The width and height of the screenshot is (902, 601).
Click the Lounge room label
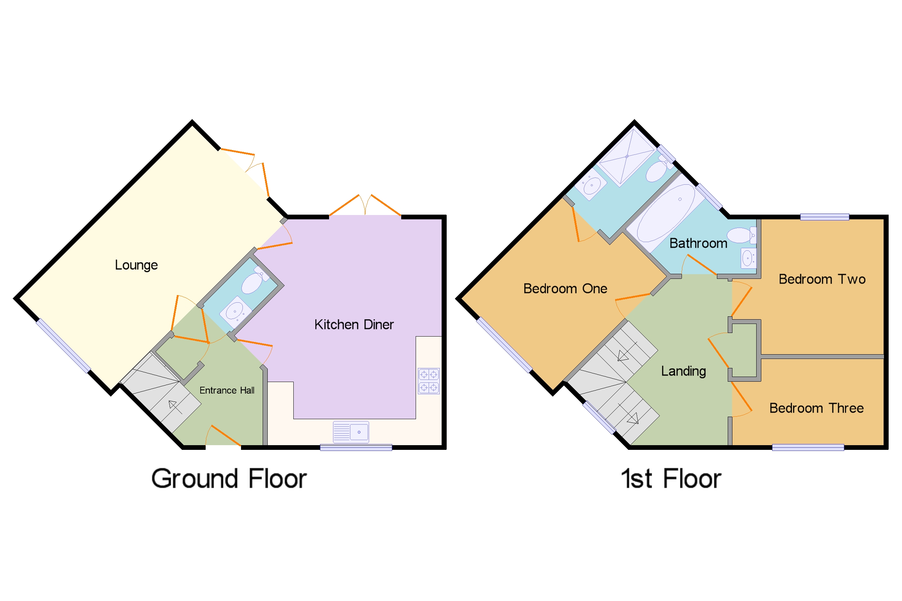click(136, 265)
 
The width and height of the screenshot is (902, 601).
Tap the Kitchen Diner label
click(354, 325)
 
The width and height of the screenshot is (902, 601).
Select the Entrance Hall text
click(227, 391)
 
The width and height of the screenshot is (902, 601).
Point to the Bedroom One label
click(565, 289)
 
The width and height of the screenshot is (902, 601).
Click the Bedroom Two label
click(822, 279)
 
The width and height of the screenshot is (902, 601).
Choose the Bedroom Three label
click(816, 408)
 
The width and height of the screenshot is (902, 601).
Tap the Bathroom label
click(698, 244)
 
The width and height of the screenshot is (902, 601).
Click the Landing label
click(683, 371)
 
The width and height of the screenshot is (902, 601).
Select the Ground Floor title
click(229, 479)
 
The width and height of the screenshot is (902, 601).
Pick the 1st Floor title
click(670, 479)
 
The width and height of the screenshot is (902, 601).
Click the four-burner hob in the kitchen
click(428, 381)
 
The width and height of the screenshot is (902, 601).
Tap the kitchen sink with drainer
click(350, 432)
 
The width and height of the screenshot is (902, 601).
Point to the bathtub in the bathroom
click(665, 213)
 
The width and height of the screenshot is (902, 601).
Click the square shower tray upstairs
click(626, 157)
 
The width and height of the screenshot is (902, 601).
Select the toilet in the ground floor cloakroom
click(253, 282)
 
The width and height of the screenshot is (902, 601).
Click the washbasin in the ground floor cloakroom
click(235, 312)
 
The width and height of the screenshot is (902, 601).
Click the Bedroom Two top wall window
click(824, 217)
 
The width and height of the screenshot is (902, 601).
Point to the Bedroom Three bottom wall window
click(808, 448)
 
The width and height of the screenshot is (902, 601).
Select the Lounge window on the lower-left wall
click(63, 346)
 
